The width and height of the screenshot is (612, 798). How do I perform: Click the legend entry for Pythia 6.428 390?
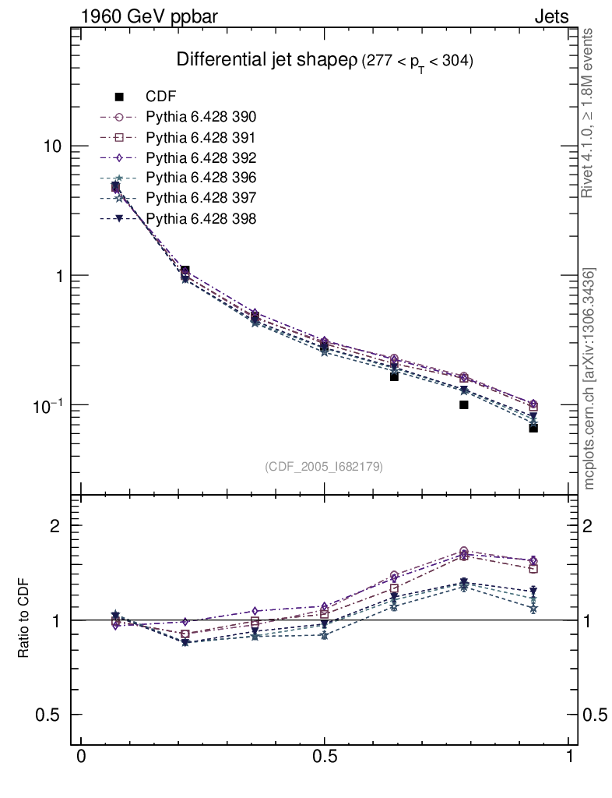(x=201, y=117)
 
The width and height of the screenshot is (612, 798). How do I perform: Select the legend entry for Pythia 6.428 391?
(x=201, y=137)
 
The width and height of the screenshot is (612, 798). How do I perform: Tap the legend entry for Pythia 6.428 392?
(x=201, y=157)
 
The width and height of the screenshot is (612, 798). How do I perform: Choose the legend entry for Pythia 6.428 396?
(x=201, y=178)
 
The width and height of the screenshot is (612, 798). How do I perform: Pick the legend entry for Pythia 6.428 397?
(x=201, y=198)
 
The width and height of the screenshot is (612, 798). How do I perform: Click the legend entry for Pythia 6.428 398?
(x=201, y=218)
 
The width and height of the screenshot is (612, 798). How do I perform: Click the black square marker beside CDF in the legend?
(x=120, y=97)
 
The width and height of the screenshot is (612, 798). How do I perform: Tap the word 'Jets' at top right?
(x=550, y=16)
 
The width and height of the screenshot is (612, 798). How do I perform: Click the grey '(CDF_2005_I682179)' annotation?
(x=324, y=466)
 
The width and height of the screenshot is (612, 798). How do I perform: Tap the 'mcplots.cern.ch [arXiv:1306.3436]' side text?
(x=590, y=379)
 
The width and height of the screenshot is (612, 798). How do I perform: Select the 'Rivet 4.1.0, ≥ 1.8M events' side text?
(x=589, y=112)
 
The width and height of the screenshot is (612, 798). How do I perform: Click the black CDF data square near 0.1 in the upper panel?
(x=463, y=404)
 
